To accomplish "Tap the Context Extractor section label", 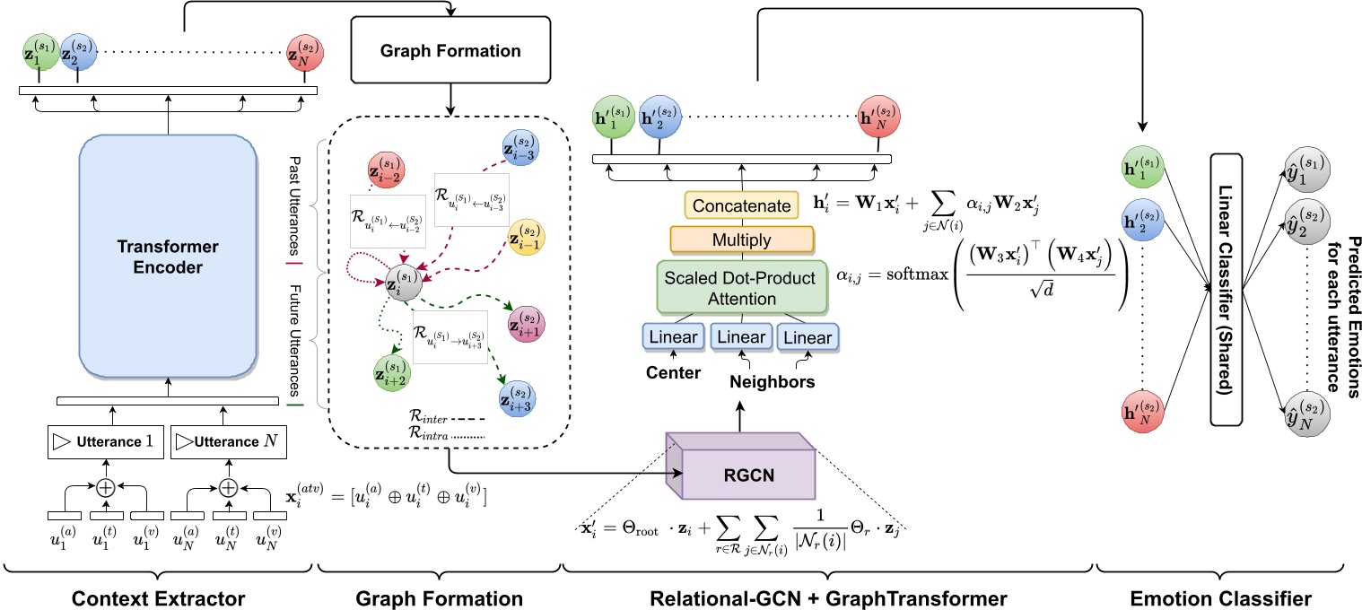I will coord(157,596).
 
